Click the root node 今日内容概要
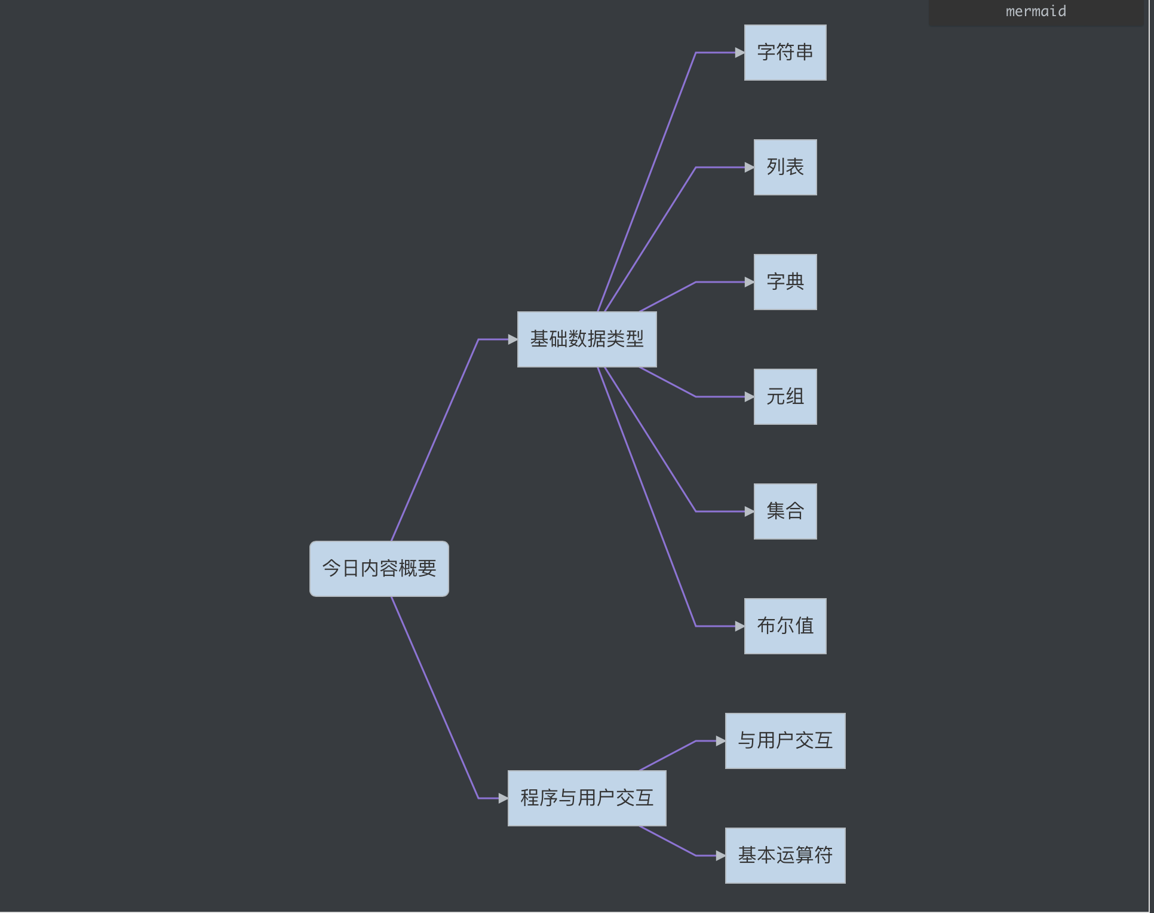coord(379,568)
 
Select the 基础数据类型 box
coord(587,339)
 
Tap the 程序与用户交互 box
coord(587,798)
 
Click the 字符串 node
coord(785,53)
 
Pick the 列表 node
coord(785,167)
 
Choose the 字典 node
coord(785,282)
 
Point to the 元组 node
coord(785,397)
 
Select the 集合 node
coord(785,511)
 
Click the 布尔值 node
coord(785,626)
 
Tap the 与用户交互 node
coord(785,741)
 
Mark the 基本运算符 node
coord(785,856)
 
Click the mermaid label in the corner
coord(1036,11)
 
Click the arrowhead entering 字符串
coord(739,53)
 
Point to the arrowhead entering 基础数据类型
coord(512,339)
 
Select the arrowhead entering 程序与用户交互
coord(503,798)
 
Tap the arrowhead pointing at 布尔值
coord(739,626)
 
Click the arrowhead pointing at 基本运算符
coord(720,856)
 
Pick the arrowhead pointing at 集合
coord(749,511)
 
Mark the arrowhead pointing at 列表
coord(749,167)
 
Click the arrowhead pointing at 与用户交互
coord(720,741)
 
